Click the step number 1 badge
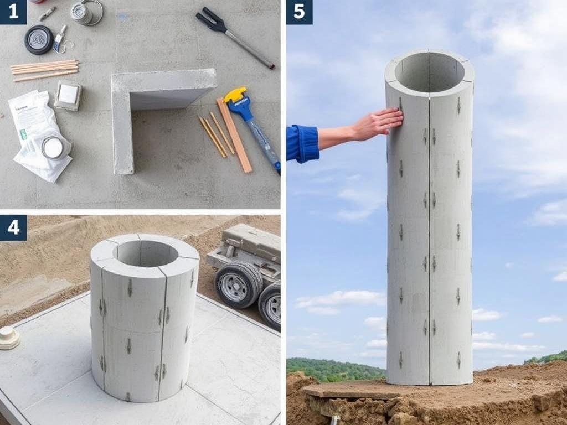pos(13,12)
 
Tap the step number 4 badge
pos(13,227)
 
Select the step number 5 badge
pos(299,12)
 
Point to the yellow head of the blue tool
pos(235,95)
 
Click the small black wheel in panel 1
pos(39,40)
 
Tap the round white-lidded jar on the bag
pos(54,148)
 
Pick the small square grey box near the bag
pos(68,95)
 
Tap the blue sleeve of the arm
pos(302,144)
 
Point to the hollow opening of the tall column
pos(430,71)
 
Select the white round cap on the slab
pos(9,338)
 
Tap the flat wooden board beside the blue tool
pos(234,135)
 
